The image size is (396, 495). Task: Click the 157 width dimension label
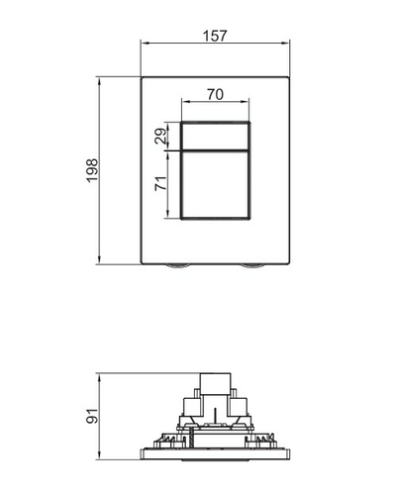215,36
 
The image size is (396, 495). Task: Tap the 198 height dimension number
92,170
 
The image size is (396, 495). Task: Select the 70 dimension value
215,95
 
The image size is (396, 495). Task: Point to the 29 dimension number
161,137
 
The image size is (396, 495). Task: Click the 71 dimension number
161,183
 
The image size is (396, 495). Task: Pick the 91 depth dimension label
92,416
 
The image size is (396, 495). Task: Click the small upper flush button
215,137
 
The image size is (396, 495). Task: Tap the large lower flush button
215,185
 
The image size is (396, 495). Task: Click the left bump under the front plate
178,266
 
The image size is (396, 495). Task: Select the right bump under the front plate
252,266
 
